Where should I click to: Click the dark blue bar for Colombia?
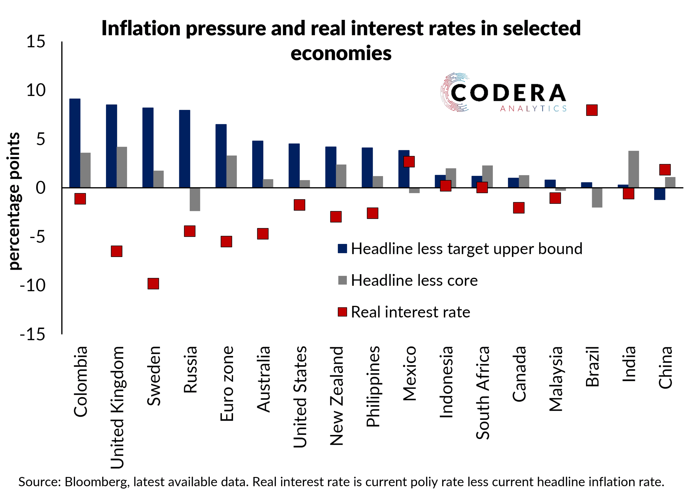click(x=75, y=143)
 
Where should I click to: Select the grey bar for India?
click(x=633, y=169)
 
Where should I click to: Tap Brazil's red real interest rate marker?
click(x=592, y=110)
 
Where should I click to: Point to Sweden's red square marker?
click(x=153, y=283)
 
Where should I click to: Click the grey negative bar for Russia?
click(x=195, y=199)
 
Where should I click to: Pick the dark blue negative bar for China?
click(x=659, y=194)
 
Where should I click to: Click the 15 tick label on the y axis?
click(x=36, y=42)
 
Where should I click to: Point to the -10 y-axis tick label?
click(x=33, y=286)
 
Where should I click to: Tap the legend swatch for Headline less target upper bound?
click(x=342, y=249)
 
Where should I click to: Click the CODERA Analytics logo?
click(x=503, y=93)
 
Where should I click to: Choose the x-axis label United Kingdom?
click(x=117, y=407)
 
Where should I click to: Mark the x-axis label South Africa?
click(x=483, y=393)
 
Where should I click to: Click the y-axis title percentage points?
click(x=14, y=201)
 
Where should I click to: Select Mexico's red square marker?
click(x=409, y=162)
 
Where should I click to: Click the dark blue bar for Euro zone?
click(x=221, y=156)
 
